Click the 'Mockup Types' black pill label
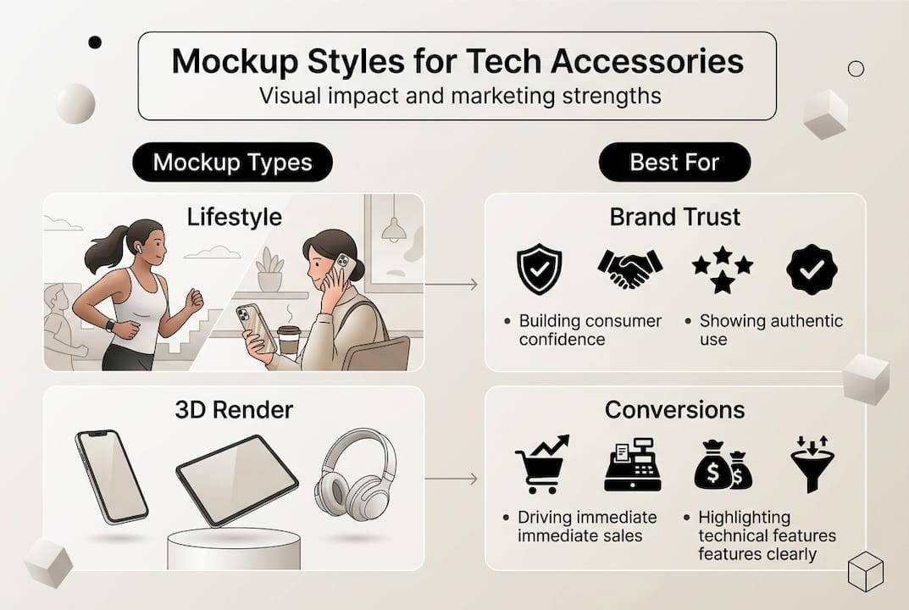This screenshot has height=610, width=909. (232, 163)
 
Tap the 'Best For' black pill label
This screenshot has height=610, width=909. (674, 163)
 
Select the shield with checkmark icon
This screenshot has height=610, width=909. (538, 270)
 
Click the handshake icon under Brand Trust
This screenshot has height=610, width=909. (629, 269)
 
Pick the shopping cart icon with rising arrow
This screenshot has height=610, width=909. (541, 464)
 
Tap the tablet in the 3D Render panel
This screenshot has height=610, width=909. (236, 480)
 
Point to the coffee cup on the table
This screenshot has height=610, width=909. (289, 340)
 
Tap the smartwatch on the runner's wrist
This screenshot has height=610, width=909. (110, 324)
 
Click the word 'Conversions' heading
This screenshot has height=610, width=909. (674, 410)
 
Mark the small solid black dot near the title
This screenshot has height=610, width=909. (95, 42)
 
